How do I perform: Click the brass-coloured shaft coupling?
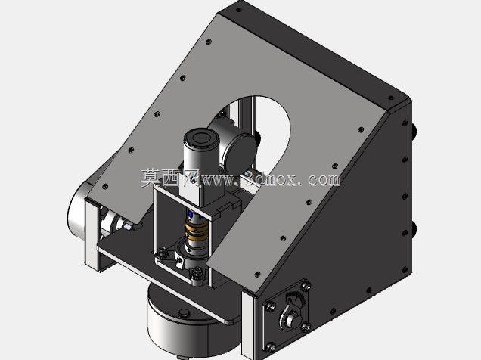tap(197, 231)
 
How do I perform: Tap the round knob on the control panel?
tap(293, 321)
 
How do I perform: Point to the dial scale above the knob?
tap(295, 296)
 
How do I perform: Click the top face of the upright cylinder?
tap(201, 137)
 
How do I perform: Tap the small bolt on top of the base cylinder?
tap(184, 313)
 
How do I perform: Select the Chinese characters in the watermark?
tap(171, 178)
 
